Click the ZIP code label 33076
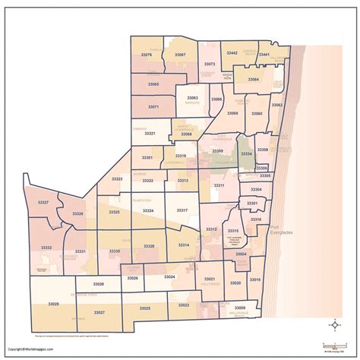(x=147, y=55)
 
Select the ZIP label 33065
(x=153, y=84)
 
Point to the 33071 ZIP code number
(x=153, y=107)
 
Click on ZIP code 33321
(x=150, y=134)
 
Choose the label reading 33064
(x=254, y=79)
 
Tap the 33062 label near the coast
(x=277, y=105)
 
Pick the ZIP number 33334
(x=246, y=154)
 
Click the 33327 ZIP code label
(x=43, y=203)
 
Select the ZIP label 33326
(x=78, y=214)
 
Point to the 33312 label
(x=211, y=229)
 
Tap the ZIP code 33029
(x=53, y=304)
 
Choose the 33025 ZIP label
(x=145, y=308)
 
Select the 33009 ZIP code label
(x=251, y=308)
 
